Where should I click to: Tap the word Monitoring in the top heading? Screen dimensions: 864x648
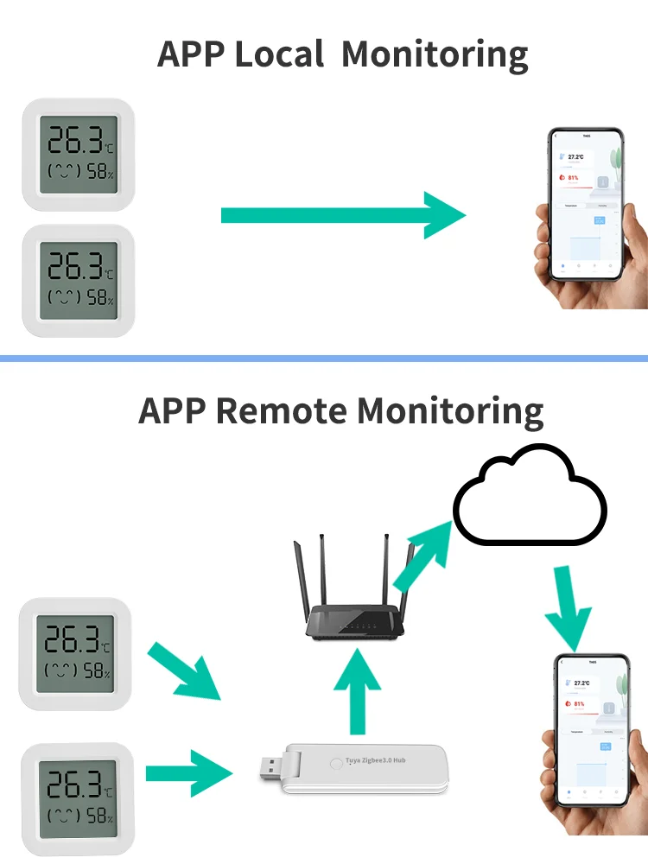click(x=435, y=54)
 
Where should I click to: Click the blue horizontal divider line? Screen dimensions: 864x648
click(x=324, y=358)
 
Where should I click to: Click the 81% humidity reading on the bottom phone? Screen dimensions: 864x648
click(x=579, y=703)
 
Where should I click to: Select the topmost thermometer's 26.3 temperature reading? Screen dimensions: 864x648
click(x=76, y=139)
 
